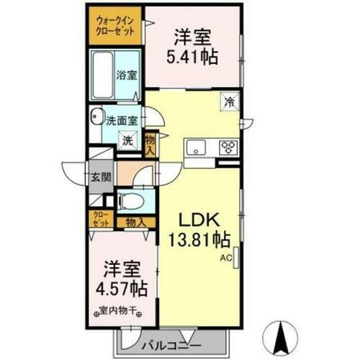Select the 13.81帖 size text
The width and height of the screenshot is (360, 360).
coord(199,239)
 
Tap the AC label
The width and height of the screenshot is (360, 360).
coord(225,256)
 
